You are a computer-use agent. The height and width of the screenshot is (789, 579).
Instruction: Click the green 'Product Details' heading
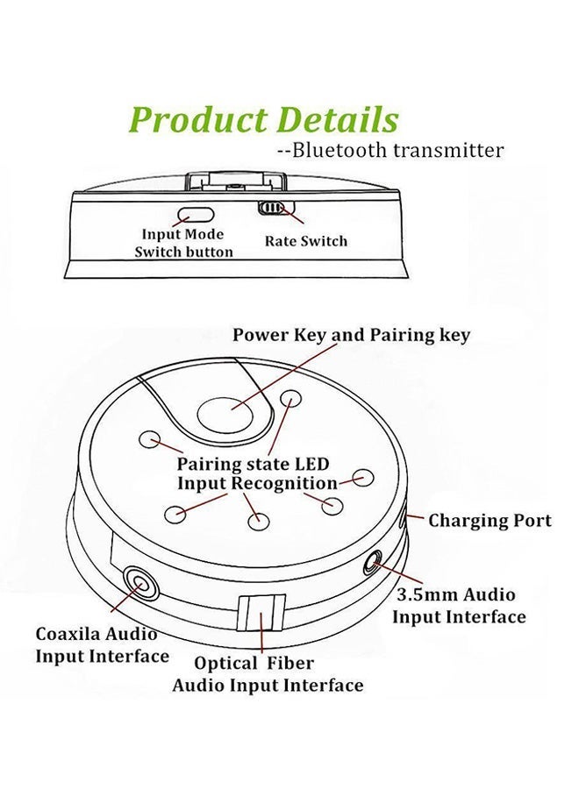click(x=264, y=120)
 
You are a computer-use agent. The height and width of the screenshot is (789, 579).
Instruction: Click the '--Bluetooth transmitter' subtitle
click(x=390, y=150)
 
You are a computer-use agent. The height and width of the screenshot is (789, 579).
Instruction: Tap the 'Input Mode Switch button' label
click(x=183, y=243)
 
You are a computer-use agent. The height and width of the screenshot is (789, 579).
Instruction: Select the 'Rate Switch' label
click(x=306, y=241)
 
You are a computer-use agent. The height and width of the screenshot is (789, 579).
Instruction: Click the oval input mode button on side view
click(x=197, y=214)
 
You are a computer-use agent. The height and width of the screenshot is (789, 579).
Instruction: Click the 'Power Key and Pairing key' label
click(x=351, y=335)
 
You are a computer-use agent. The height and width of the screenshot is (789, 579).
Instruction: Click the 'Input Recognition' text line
click(x=257, y=483)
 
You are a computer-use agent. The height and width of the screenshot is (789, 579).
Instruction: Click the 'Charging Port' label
click(x=490, y=521)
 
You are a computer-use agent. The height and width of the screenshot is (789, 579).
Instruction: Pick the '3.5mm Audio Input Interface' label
click(x=459, y=606)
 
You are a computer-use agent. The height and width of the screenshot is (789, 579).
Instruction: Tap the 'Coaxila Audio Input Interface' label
click(x=102, y=644)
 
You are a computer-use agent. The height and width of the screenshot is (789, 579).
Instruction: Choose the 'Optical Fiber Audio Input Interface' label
click(x=267, y=674)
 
